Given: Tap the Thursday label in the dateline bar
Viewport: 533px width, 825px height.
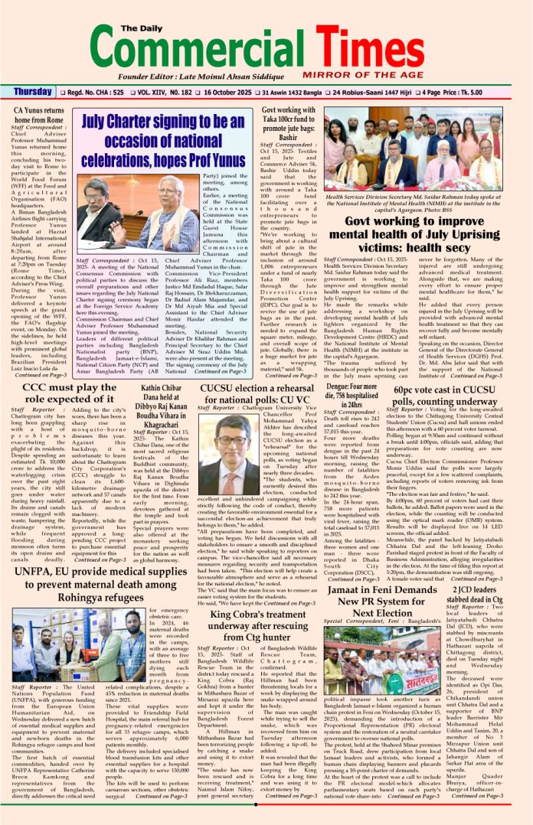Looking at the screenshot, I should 34,93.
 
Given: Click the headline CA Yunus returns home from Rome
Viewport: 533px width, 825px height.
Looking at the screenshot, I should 40,116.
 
